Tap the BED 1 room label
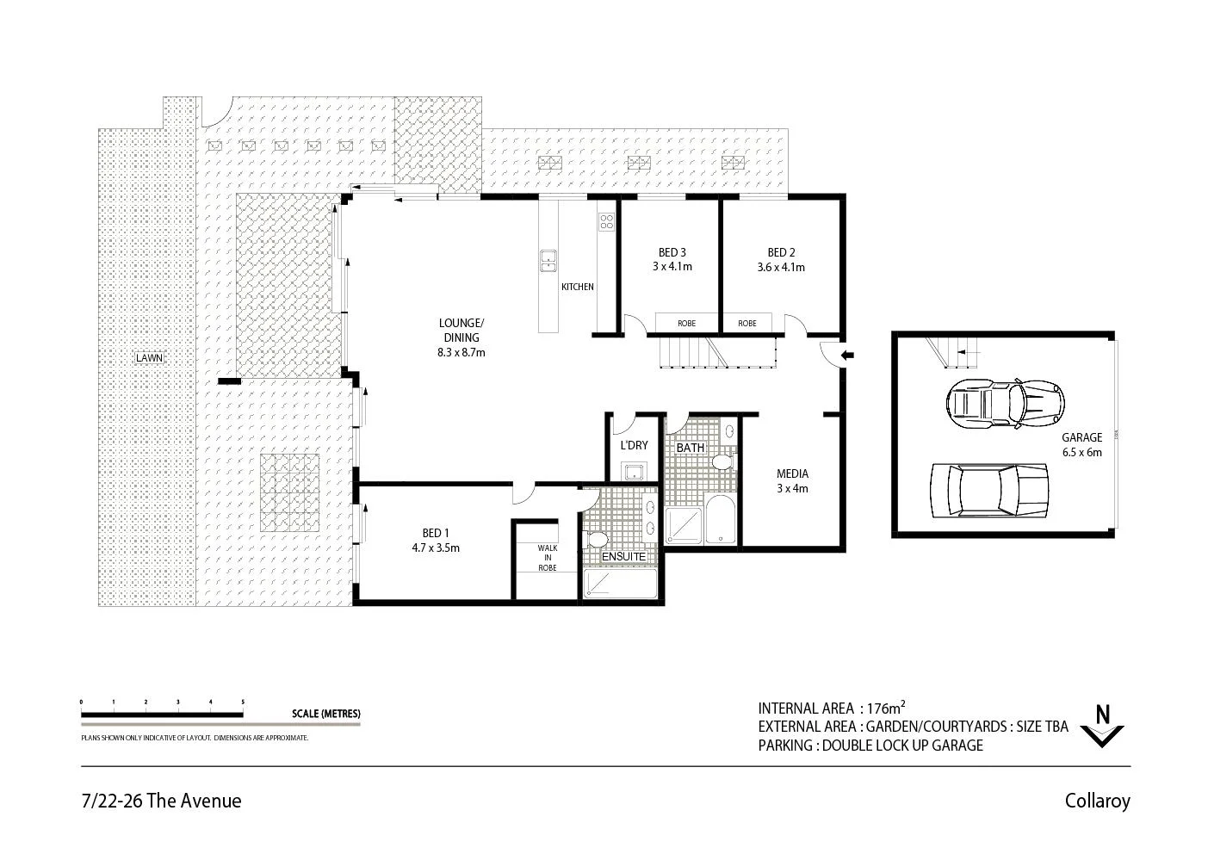(x=436, y=540)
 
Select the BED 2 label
(x=781, y=259)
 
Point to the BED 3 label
(x=672, y=259)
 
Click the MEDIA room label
(x=792, y=480)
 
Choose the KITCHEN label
(x=577, y=287)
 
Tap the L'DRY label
(x=634, y=445)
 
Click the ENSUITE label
(x=623, y=556)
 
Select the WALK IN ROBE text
(x=547, y=557)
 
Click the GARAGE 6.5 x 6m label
(x=1081, y=444)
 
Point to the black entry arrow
(x=846, y=355)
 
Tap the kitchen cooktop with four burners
(x=606, y=222)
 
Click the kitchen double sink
(x=548, y=259)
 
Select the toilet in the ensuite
(x=596, y=540)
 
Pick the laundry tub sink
(x=635, y=471)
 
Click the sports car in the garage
(x=1005, y=402)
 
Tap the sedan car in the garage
(x=988, y=492)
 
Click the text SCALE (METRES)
(x=326, y=714)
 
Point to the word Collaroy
(x=1097, y=801)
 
